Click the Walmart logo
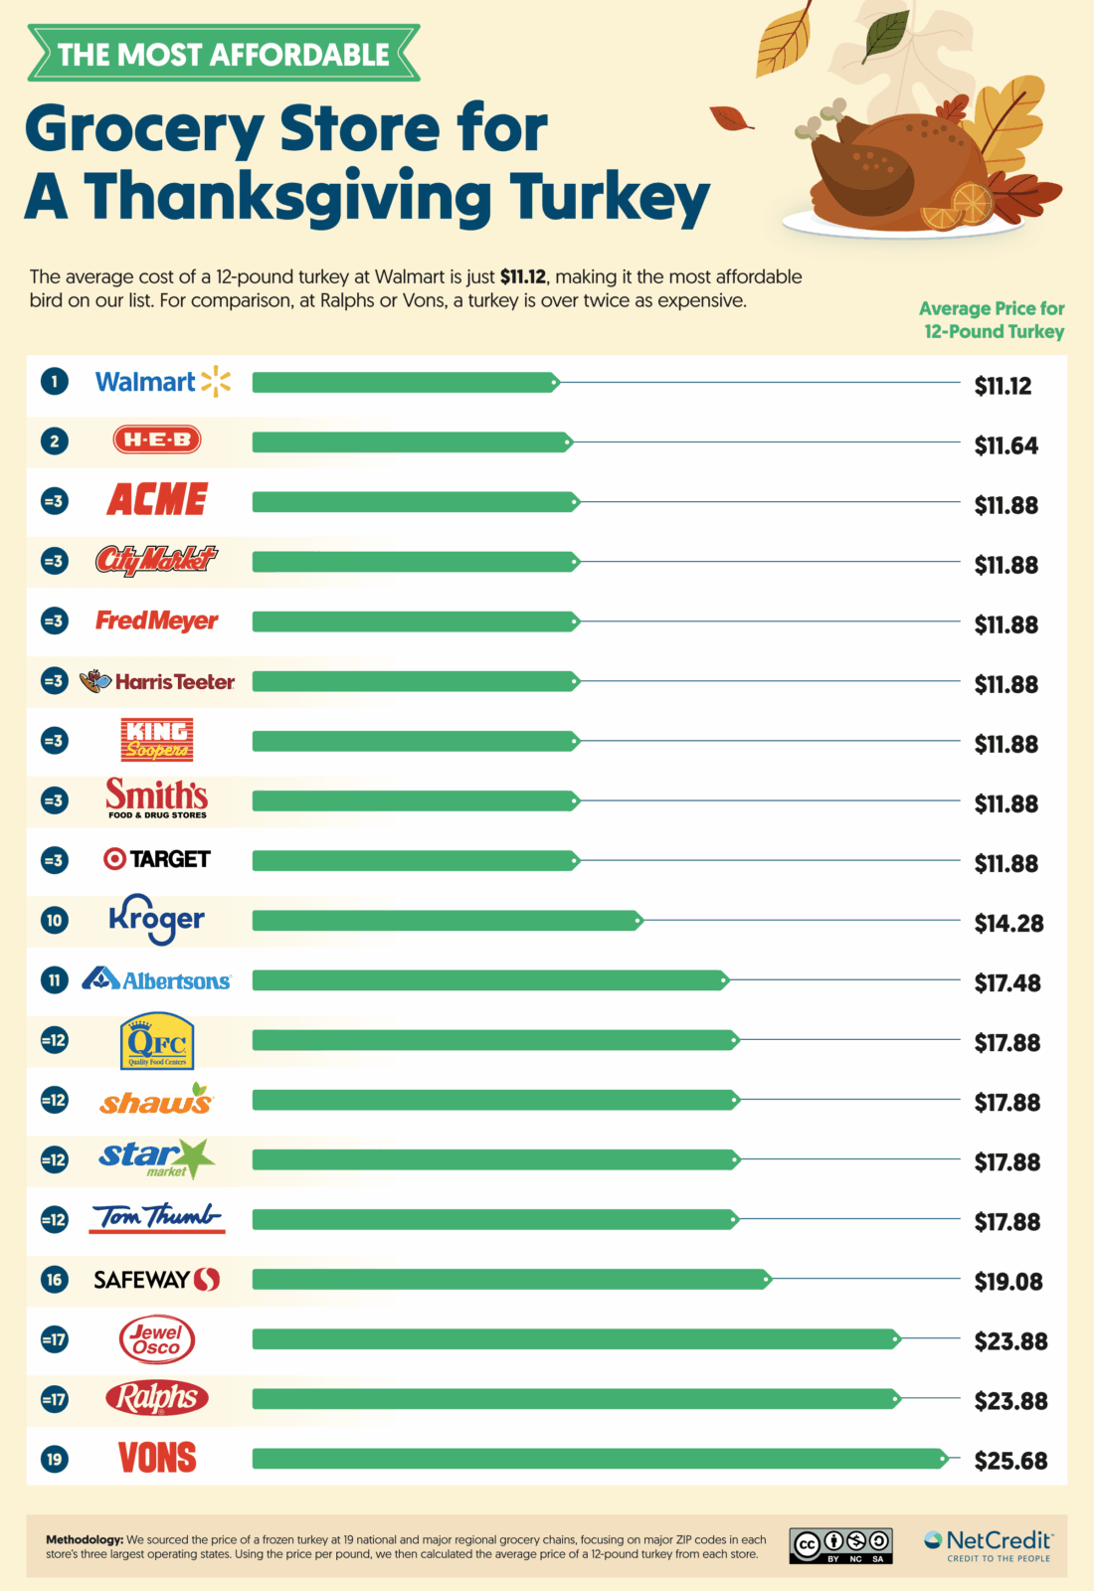coord(162,382)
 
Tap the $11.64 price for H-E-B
coord(1005,445)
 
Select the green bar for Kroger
coord(447,921)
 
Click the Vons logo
coord(157,1458)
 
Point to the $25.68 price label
coord(1010,1461)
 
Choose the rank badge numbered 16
coord(55,1280)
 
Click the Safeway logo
coord(157,1280)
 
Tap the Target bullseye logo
coord(115,859)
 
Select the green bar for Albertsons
coord(489,980)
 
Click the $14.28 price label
coord(1008,924)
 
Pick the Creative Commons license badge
coord(840,1545)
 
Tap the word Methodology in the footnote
coord(85,1539)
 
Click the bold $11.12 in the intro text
coord(522,276)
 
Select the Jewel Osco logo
coord(157,1339)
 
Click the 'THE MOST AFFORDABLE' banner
coord(224,54)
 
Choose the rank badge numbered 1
coord(55,382)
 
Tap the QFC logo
coord(157,1040)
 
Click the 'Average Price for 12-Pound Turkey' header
coord(993,320)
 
